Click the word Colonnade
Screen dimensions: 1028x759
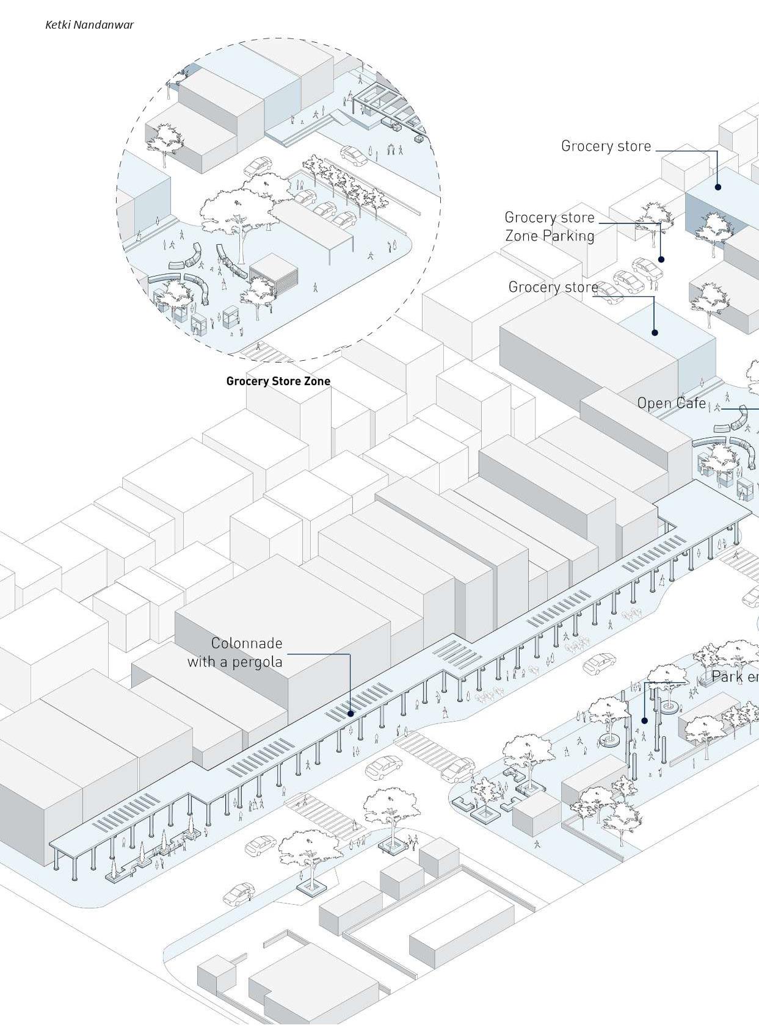point(247,643)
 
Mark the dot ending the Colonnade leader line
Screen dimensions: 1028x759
point(350,713)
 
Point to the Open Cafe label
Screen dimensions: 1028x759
point(671,404)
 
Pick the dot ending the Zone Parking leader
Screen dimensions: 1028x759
point(661,259)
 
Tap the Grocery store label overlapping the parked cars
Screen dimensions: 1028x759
point(553,287)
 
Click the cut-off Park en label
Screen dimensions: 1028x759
point(735,676)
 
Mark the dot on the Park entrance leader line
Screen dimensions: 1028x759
point(644,721)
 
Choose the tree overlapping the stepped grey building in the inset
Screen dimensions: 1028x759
point(164,142)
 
